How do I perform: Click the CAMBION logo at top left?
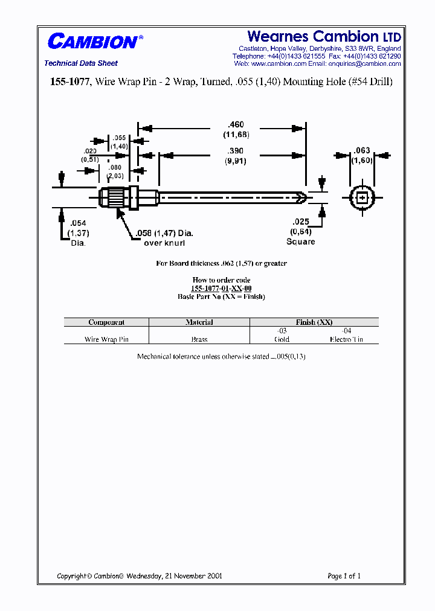click(x=92, y=42)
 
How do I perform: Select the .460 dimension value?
click(x=236, y=125)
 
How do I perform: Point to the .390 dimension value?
click(x=236, y=151)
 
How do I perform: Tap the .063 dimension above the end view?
click(x=362, y=150)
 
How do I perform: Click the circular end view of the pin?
click(x=362, y=197)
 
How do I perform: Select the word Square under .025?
click(x=300, y=242)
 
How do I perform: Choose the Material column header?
click(x=199, y=322)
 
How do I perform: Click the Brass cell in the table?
click(x=199, y=339)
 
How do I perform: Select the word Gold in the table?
click(x=282, y=339)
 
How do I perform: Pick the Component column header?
click(x=106, y=322)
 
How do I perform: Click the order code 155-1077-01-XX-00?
click(x=221, y=289)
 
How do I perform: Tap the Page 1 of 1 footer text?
click(x=344, y=576)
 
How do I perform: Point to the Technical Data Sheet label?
click(x=81, y=63)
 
